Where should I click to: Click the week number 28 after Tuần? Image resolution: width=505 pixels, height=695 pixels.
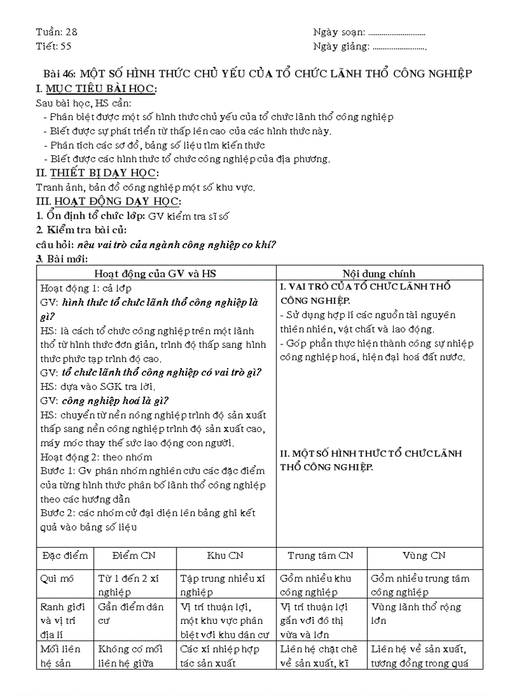click(x=71, y=32)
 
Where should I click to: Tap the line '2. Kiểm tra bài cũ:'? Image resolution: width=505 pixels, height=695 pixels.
click(x=81, y=230)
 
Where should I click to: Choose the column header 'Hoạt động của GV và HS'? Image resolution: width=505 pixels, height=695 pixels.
click(x=155, y=274)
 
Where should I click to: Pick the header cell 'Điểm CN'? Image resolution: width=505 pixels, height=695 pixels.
click(x=134, y=555)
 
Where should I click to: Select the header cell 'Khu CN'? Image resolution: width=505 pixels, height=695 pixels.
click(x=226, y=555)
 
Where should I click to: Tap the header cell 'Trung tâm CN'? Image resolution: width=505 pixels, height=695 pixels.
click(x=321, y=555)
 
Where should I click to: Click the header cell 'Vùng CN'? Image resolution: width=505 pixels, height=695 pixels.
click(x=424, y=555)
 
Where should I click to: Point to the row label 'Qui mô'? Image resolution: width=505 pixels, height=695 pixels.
click(x=57, y=578)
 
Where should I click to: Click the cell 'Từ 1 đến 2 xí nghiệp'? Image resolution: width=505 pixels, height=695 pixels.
click(x=129, y=585)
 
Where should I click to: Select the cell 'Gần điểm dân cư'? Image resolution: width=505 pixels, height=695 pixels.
click(x=131, y=613)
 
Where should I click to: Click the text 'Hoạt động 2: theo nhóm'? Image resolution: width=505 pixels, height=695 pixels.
click(x=96, y=457)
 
